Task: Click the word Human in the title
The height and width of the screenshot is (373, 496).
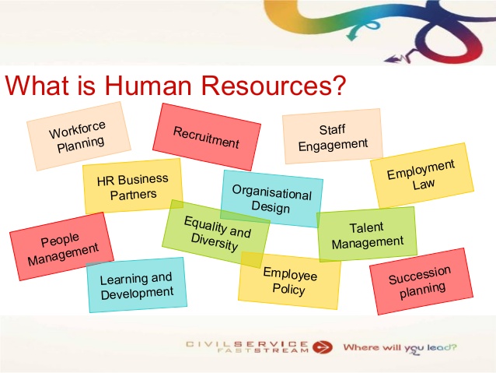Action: pyautogui.click(x=148, y=85)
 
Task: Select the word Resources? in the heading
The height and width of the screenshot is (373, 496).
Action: pyautogui.click(x=274, y=85)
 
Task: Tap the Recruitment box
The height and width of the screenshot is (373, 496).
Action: pyautogui.click(x=207, y=137)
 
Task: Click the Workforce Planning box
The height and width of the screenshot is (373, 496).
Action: pyautogui.click(x=79, y=136)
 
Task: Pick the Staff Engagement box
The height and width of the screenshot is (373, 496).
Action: pyautogui.click(x=333, y=136)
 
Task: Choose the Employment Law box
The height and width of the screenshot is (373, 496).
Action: pyautogui.click(x=422, y=175)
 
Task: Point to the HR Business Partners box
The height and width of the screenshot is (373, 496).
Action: pyautogui.click(x=133, y=186)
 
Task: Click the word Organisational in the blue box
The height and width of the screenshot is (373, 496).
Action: pyautogui.click(x=272, y=192)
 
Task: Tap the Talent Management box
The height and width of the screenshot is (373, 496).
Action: pyautogui.click(x=367, y=234)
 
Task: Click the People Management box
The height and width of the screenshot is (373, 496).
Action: pyautogui.click(x=61, y=247)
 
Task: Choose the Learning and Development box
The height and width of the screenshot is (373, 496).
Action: pyautogui.click(x=136, y=285)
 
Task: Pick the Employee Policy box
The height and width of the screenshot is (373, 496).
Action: pyautogui.click(x=289, y=281)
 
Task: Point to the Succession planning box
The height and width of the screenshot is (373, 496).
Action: pyautogui.click(x=421, y=281)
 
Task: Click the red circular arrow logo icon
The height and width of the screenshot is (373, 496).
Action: pyautogui.click(x=323, y=347)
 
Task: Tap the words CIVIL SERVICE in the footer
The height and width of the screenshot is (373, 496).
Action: pyautogui.click(x=247, y=344)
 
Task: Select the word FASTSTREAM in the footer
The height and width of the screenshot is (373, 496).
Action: pyautogui.click(x=263, y=350)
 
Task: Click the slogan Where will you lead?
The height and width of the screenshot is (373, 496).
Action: pyautogui.click(x=400, y=348)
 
